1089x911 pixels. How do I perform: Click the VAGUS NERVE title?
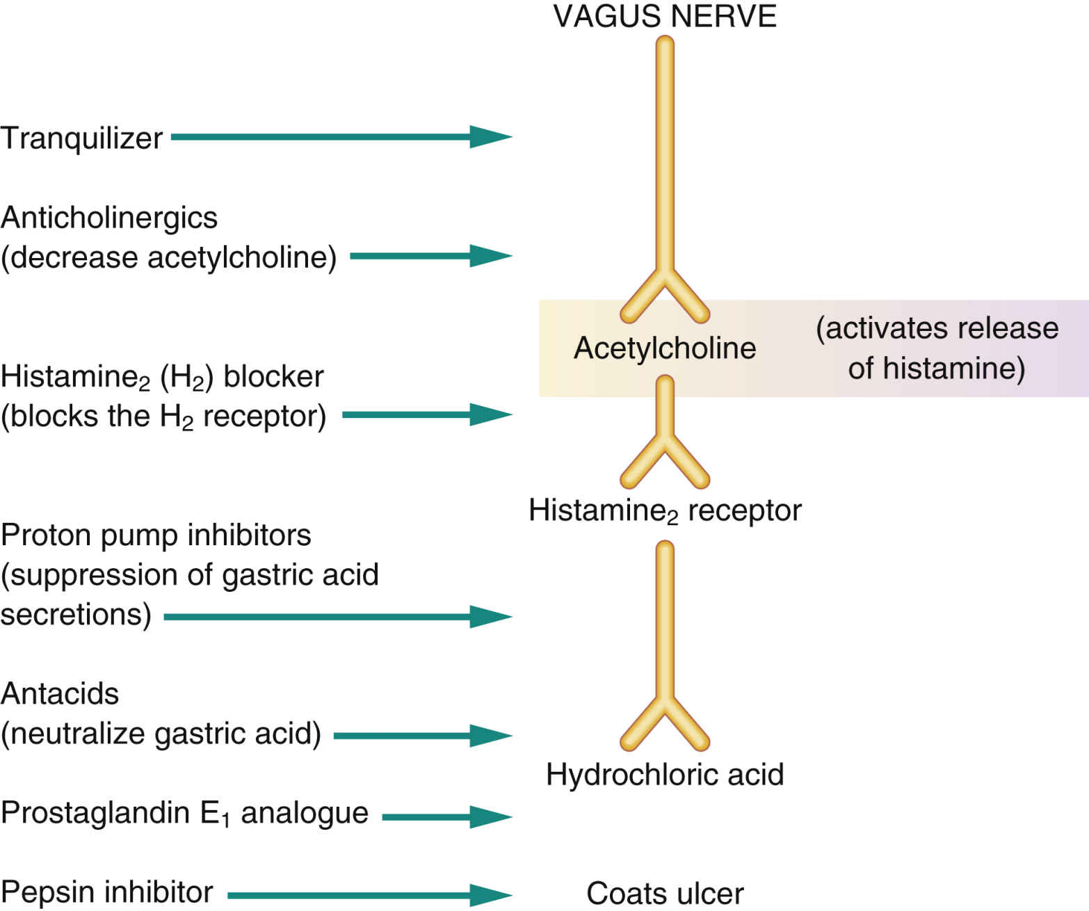click(x=664, y=16)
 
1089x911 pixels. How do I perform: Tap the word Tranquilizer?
click(x=81, y=138)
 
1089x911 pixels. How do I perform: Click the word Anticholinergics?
click(x=109, y=218)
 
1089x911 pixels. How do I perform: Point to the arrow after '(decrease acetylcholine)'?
click(x=431, y=256)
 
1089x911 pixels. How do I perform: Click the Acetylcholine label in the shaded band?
click(x=664, y=348)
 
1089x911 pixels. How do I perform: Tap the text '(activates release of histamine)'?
click(x=936, y=348)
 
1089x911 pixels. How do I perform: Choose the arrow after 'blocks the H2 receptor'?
click(x=428, y=414)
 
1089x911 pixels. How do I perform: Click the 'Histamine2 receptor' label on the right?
click(x=664, y=511)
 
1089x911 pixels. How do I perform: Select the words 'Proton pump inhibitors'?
click(x=156, y=535)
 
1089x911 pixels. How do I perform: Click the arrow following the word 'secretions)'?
click(x=338, y=616)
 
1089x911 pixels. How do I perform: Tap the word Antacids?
click(x=60, y=694)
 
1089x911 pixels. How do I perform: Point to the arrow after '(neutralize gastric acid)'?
click(x=423, y=735)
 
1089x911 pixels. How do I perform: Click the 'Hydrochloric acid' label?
click(x=664, y=775)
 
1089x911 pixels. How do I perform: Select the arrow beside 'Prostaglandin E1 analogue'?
click(x=447, y=816)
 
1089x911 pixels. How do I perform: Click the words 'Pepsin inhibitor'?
click(x=107, y=892)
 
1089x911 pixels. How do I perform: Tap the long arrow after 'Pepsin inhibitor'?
click(x=370, y=894)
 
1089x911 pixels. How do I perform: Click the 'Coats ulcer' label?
click(x=664, y=894)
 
